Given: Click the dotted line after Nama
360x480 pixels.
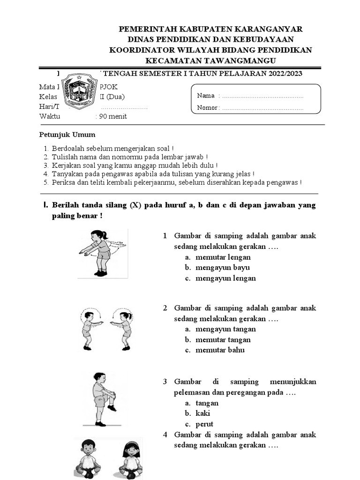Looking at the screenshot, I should [262, 96].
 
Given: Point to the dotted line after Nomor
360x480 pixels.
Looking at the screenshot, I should [262, 108].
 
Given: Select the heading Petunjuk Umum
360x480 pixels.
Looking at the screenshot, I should [67, 135].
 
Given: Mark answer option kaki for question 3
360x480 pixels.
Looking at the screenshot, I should [202, 413].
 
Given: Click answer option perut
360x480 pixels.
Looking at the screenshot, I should [204, 424].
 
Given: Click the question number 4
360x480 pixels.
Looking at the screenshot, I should [165, 435].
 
